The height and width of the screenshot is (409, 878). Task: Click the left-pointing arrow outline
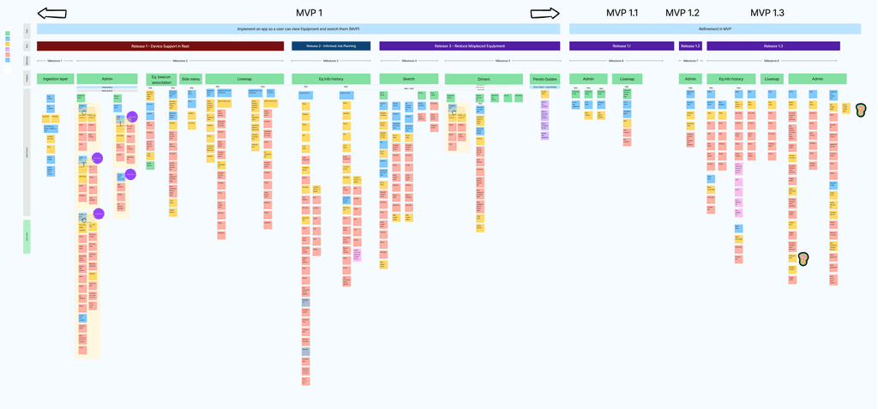[52, 14]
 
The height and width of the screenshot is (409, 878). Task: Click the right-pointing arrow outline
[544, 13]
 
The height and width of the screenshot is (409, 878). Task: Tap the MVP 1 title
[309, 13]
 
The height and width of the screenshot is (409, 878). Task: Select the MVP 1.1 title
[622, 13]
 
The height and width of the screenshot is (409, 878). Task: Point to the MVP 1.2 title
[683, 13]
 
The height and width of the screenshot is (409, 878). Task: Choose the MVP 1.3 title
[767, 13]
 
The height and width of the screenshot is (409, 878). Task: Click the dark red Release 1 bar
[160, 46]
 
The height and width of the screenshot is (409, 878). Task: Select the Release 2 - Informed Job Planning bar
[331, 46]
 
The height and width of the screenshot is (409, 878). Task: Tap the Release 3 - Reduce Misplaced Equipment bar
[470, 46]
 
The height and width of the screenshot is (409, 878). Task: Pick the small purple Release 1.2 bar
[690, 46]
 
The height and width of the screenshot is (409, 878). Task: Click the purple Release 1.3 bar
[773, 46]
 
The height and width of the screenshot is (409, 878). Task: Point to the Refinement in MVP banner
[715, 29]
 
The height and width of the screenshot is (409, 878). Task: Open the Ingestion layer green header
[56, 79]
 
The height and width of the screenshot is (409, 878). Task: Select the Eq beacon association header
[161, 79]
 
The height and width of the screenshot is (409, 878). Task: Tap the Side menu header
[190, 79]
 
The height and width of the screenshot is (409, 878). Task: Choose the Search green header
[408, 79]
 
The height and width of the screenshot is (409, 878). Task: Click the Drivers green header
[484, 79]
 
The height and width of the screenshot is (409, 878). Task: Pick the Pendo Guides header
[544, 79]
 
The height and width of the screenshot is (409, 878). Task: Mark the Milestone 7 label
[690, 61]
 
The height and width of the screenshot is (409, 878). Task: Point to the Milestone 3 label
[330, 61]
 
